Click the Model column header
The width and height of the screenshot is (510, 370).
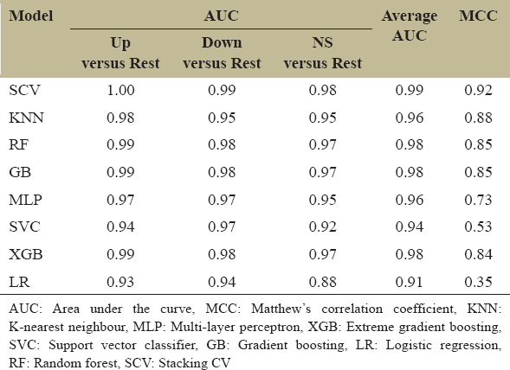point(31,16)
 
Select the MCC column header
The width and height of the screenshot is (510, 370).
point(478,16)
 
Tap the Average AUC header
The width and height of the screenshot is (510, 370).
point(410,26)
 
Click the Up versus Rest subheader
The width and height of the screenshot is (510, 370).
point(120,53)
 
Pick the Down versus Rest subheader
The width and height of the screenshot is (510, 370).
point(222,53)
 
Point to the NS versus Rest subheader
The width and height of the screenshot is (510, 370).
point(323,53)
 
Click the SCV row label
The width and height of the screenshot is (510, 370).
point(25,90)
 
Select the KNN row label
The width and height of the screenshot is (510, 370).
point(26,118)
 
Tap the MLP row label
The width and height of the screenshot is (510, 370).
point(25,200)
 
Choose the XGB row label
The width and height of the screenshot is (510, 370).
point(26,254)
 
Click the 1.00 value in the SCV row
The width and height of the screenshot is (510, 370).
point(120,90)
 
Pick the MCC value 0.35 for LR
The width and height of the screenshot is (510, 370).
point(478,282)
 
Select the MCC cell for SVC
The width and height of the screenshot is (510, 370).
point(478,226)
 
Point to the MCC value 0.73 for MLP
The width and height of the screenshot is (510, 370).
point(478,200)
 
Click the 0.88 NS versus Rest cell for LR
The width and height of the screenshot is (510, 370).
point(323,282)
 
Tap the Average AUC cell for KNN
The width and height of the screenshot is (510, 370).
point(410,118)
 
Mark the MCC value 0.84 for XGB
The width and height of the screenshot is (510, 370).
point(478,254)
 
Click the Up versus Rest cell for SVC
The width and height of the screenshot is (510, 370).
point(120,226)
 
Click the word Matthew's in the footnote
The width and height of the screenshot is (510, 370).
point(281,309)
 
